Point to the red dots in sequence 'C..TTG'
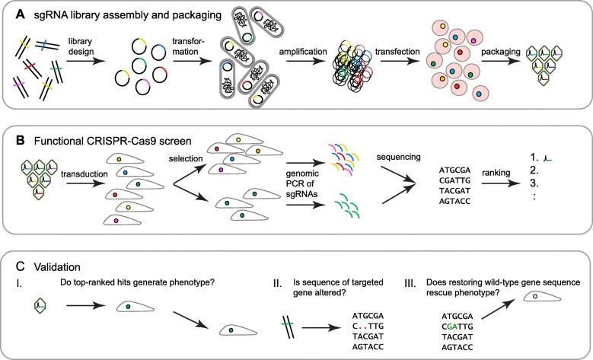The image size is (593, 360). [364, 323]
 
